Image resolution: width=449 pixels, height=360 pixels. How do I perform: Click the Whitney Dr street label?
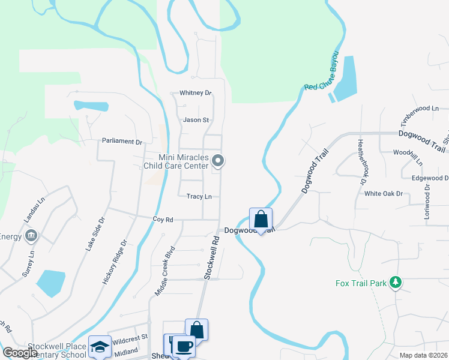coord(196,93)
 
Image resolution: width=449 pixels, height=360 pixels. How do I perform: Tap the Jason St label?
coord(196,120)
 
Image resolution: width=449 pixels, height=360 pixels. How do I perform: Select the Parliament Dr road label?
coord(122,142)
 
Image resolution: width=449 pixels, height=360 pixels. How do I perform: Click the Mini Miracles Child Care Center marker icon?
coord(218,160)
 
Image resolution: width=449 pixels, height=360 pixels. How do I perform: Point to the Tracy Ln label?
coord(199,196)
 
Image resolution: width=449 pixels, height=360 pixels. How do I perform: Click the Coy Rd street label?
coord(163,220)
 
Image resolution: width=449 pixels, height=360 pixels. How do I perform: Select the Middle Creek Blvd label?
coord(164,270)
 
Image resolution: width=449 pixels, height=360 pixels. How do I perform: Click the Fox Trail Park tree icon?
coord(395,281)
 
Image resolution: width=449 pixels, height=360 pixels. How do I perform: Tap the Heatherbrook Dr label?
coord(361,162)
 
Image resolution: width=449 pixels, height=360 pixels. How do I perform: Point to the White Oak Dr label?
coord(383,194)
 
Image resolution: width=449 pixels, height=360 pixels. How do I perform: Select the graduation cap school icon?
coord(100,346)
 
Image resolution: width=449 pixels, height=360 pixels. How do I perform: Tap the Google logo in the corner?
coord(19,352)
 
